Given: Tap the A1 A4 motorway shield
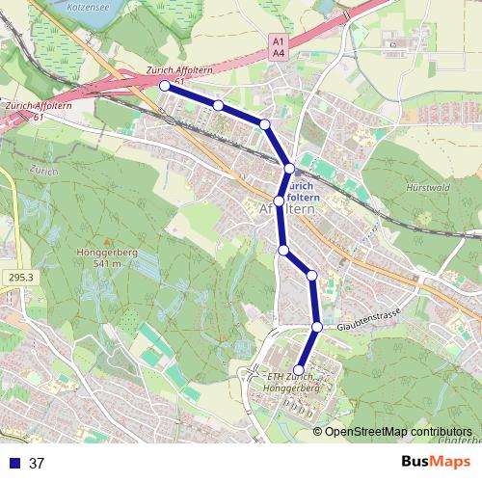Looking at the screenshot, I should pyautogui.click(x=278, y=48).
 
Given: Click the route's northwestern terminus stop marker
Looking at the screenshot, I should pyautogui.click(x=164, y=86).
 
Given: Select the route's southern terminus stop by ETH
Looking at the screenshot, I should pyautogui.click(x=299, y=370).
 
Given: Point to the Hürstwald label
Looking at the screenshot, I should pyautogui.click(x=427, y=188).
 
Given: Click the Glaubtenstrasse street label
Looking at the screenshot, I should pyautogui.click(x=367, y=317).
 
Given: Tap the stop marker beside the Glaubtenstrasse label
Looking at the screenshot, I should pyautogui.click(x=316, y=327).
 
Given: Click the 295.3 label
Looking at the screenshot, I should pyautogui.click(x=16, y=277).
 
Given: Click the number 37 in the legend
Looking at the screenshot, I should pyautogui.click(x=38, y=463).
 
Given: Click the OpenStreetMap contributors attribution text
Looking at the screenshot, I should pyautogui.click(x=398, y=431).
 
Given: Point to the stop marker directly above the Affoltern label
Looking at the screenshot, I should pyautogui.click(x=288, y=169).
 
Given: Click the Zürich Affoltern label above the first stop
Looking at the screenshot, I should pyautogui.click(x=180, y=70).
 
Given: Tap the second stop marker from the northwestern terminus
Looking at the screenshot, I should pyautogui.click(x=219, y=105).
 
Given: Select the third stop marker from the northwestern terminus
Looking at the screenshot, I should pyautogui.click(x=264, y=124).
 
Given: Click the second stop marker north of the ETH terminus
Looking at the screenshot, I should pyautogui.click(x=311, y=277).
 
